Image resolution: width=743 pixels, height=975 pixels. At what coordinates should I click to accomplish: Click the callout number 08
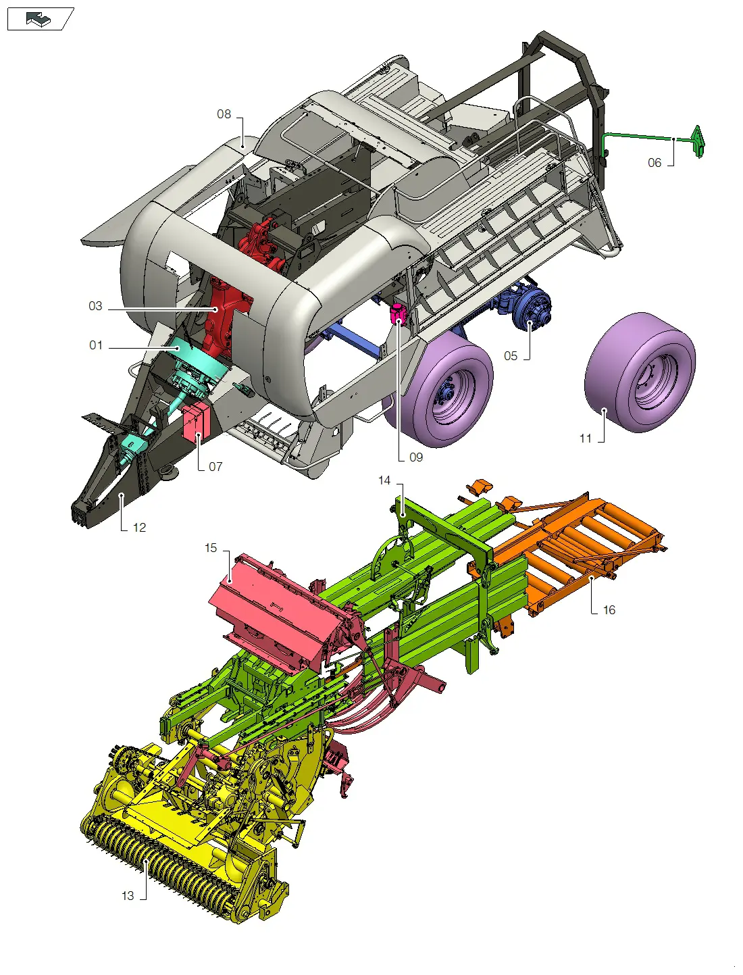224,114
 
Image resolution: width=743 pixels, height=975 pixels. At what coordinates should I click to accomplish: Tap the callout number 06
654,163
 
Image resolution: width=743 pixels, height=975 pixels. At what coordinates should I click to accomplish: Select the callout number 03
95,306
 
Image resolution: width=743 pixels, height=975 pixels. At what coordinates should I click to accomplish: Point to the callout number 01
96,345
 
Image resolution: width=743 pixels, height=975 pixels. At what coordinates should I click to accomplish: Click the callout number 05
511,356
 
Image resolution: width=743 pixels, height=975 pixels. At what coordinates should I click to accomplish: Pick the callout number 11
586,439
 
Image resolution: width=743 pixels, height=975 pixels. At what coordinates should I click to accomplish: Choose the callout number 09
416,457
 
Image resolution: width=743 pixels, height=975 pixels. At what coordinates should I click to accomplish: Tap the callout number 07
215,467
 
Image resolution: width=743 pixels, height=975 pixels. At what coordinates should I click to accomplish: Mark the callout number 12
139,528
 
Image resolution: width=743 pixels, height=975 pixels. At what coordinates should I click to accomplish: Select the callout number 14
384,480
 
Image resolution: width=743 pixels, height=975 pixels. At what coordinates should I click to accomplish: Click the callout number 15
211,548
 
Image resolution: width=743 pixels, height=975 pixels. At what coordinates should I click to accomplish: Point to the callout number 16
609,610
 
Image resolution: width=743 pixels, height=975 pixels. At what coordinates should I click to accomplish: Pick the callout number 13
128,896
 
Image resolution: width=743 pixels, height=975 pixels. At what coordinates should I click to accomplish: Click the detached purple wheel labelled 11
640,372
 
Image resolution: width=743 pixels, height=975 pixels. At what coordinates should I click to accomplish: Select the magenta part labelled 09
398,314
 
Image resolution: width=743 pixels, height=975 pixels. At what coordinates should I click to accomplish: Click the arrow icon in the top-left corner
39,20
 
